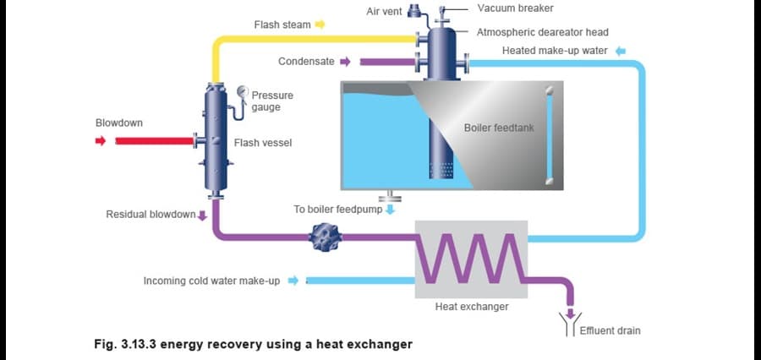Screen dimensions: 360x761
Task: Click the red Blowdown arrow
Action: (x=101, y=141)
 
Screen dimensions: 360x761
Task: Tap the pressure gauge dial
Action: (x=244, y=92)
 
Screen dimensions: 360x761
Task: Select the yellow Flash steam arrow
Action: (x=320, y=25)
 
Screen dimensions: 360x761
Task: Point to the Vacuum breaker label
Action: (x=515, y=8)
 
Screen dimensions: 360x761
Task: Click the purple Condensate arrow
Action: (x=344, y=62)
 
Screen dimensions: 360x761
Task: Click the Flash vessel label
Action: (x=263, y=143)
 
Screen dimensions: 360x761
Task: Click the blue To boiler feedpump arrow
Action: (x=390, y=209)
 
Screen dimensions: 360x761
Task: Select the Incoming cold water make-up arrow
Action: (x=293, y=281)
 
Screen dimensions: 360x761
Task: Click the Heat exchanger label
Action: (x=471, y=307)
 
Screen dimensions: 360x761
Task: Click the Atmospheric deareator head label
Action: (x=543, y=32)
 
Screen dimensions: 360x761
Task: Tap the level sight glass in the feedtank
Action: (x=550, y=135)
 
